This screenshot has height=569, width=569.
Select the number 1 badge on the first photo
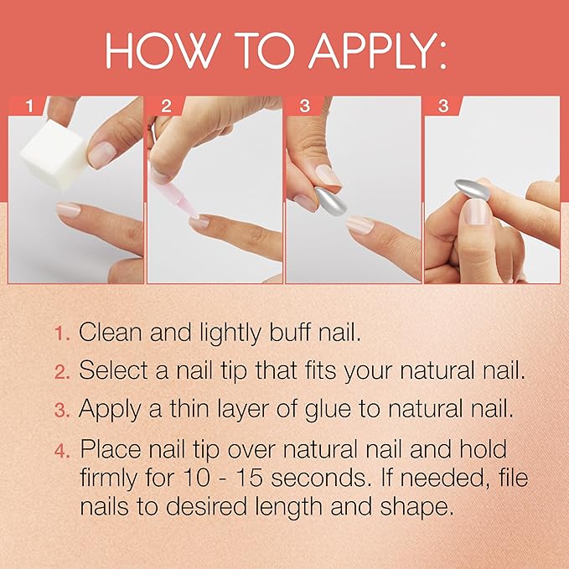(30, 106)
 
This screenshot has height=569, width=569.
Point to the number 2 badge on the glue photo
(167, 106)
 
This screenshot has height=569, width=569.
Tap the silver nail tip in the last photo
(473, 189)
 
